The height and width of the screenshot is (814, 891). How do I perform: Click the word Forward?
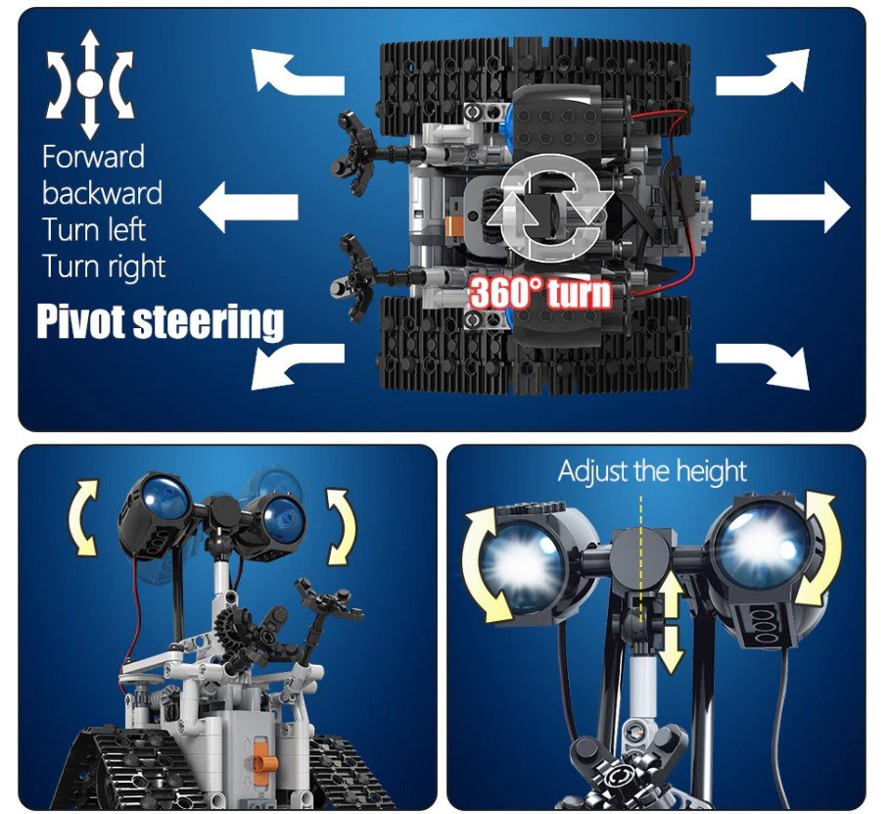click(93, 157)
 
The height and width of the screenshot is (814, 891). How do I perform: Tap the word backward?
click(102, 193)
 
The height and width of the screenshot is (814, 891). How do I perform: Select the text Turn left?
click(94, 229)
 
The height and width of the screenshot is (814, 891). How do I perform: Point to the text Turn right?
click(104, 267)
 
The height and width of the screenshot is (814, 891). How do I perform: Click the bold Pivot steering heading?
click(161, 322)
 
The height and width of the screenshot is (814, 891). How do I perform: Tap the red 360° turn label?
click(539, 294)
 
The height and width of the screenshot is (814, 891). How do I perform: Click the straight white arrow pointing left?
click(249, 208)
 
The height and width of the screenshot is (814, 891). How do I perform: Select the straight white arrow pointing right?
click(800, 208)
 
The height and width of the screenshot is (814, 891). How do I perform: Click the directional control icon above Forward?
click(89, 84)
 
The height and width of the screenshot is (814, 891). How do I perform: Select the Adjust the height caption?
click(652, 471)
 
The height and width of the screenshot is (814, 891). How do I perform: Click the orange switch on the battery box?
click(260, 752)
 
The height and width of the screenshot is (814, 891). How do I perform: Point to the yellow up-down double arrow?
click(671, 623)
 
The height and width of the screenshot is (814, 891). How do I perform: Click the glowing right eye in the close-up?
click(763, 544)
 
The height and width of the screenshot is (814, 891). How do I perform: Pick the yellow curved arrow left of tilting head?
click(82, 517)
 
